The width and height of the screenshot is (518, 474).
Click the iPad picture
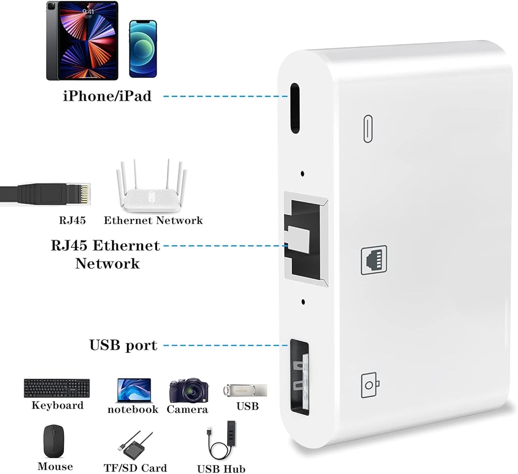82,40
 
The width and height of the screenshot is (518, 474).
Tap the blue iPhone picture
142,49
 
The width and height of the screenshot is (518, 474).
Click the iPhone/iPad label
107,96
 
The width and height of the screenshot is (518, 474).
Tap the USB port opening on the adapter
299,377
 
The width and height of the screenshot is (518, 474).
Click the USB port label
123,345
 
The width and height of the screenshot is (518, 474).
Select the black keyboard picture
56,388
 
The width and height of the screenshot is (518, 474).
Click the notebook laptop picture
133,390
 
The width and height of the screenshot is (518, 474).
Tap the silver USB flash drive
245,389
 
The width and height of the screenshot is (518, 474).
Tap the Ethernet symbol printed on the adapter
373,261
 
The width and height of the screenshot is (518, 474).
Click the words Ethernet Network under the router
153,220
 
